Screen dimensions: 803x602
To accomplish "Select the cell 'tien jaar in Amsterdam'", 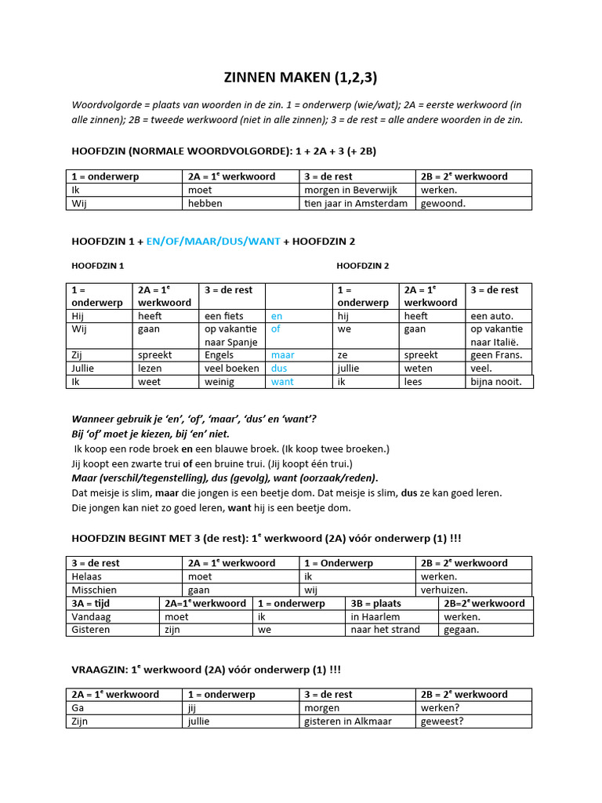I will click(x=356, y=203).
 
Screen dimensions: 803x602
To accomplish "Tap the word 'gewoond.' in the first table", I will click(x=443, y=203).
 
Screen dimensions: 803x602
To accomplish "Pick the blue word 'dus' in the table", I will click(x=280, y=368).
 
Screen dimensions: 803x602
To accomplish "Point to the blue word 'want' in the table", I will click(x=282, y=382).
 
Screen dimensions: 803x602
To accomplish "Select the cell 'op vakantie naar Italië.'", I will click(x=496, y=336).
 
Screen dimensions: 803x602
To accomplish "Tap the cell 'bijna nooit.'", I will click(x=495, y=382).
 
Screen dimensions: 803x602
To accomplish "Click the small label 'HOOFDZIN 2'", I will click(x=363, y=266).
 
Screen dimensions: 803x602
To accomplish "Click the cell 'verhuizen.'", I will click(x=444, y=590).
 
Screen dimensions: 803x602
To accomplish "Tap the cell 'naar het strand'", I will click(x=385, y=630).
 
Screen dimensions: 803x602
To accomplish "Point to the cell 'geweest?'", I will click(x=442, y=721).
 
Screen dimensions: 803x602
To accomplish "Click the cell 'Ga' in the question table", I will click(x=78, y=707).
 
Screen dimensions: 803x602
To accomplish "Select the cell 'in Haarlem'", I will click(x=375, y=616).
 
